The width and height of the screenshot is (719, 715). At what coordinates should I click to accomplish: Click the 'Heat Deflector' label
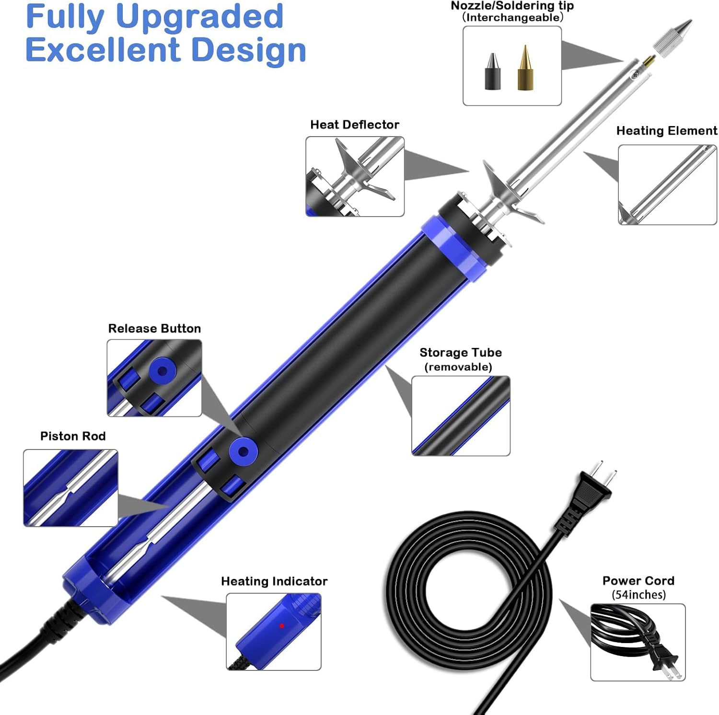click(x=355, y=125)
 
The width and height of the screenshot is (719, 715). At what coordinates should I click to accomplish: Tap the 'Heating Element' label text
click(x=667, y=131)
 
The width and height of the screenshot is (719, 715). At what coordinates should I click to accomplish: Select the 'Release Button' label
click(x=154, y=328)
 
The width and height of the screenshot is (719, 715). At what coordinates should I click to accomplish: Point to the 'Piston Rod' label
click(x=73, y=436)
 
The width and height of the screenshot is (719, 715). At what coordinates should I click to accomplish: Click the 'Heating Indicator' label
click(x=274, y=581)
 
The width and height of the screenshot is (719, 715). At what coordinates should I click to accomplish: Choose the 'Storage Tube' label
click(x=461, y=353)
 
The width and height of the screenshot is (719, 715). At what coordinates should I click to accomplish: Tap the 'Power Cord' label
click(x=638, y=581)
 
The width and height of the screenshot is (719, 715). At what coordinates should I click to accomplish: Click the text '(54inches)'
click(x=639, y=595)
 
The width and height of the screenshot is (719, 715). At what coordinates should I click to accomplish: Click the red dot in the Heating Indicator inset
click(x=282, y=626)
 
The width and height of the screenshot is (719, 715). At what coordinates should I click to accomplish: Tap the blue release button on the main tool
click(x=243, y=451)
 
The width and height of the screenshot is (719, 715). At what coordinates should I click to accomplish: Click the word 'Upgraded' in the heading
click(x=199, y=16)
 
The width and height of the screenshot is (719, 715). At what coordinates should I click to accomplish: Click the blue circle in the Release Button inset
click(x=162, y=371)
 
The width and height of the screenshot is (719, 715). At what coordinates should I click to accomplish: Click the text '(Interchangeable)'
click(x=512, y=18)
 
